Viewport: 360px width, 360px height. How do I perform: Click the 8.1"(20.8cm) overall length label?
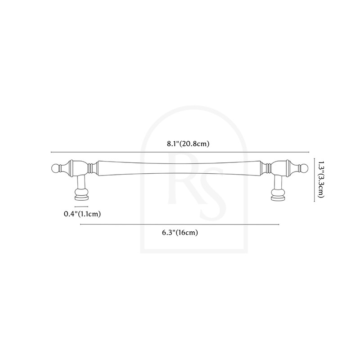(x=188, y=144)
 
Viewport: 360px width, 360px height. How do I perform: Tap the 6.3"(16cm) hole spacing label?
(x=180, y=233)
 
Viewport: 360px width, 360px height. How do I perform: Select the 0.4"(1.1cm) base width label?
(x=82, y=214)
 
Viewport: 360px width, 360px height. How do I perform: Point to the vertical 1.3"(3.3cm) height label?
(x=321, y=179)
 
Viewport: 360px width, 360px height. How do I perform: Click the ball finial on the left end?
(x=55, y=168)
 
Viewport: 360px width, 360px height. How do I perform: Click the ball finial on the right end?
(x=304, y=168)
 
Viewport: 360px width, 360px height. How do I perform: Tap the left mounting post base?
(x=81, y=195)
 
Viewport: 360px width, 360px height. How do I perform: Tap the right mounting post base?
(x=278, y=195)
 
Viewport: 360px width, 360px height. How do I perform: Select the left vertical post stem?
(x=81, y=182)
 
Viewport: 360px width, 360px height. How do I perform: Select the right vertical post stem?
(x=278, y=182)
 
